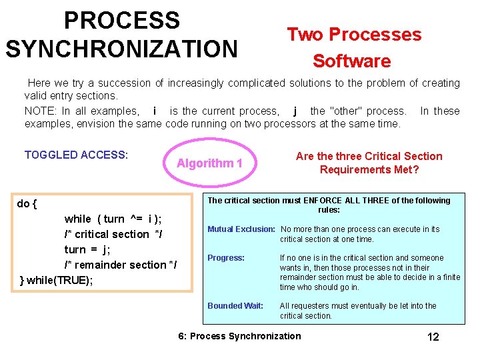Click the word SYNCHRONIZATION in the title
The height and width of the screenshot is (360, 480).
[121, 49]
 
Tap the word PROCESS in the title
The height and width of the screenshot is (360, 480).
[121, 21]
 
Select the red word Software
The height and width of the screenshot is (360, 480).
[351, 61]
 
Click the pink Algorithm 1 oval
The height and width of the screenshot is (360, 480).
[209, 163]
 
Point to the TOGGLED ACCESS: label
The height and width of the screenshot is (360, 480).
[76, 155]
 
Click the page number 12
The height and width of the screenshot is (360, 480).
[433, 337]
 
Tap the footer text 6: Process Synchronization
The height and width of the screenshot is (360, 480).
[239, 336]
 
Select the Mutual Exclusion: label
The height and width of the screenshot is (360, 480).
[241, 229]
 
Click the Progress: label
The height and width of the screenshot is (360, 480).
[226, 258]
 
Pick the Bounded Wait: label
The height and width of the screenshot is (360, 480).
[235, 306]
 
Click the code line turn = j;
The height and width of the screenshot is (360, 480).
[87, 249]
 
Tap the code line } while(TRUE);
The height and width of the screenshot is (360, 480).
[57, 280]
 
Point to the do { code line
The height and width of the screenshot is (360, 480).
[27, 203]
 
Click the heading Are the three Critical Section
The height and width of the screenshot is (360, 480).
[369, 156]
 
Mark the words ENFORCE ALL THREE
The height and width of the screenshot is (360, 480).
[339, 201]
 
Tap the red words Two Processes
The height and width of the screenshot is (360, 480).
[354, 35]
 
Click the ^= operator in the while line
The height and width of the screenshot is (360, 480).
[136, 219]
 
